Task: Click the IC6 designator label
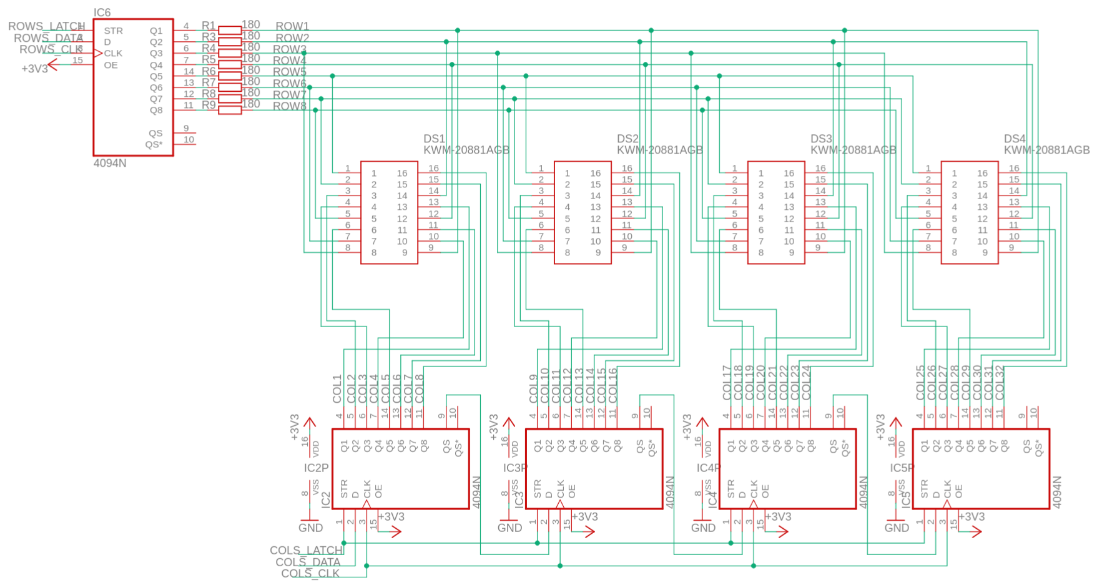(x=102, y=12)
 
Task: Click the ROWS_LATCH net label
(x=46, y=26)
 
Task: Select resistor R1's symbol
(x=230, y=30)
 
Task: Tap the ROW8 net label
(x=290, y=106)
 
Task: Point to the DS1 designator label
(x=435, y=139)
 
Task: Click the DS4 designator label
(x=1015, y=139)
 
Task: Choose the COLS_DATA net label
(x=308, y=562)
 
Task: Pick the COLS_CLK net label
(x=310, y=573)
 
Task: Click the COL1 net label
(x=338, y=388)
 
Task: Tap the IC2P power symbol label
(x=316, y=468)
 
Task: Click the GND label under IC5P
(x=897, y=528)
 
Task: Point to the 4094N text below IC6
(x=110, y=163)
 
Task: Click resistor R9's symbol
(x=230, y=110)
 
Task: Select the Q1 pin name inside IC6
(x=156, y=31)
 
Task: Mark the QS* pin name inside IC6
(x=154, y=144)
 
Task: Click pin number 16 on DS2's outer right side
(x=627, y=168)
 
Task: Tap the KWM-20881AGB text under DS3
(x=853, y=150)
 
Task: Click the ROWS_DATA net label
(x=48, y=38)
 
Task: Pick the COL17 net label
(x=727, y=383)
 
